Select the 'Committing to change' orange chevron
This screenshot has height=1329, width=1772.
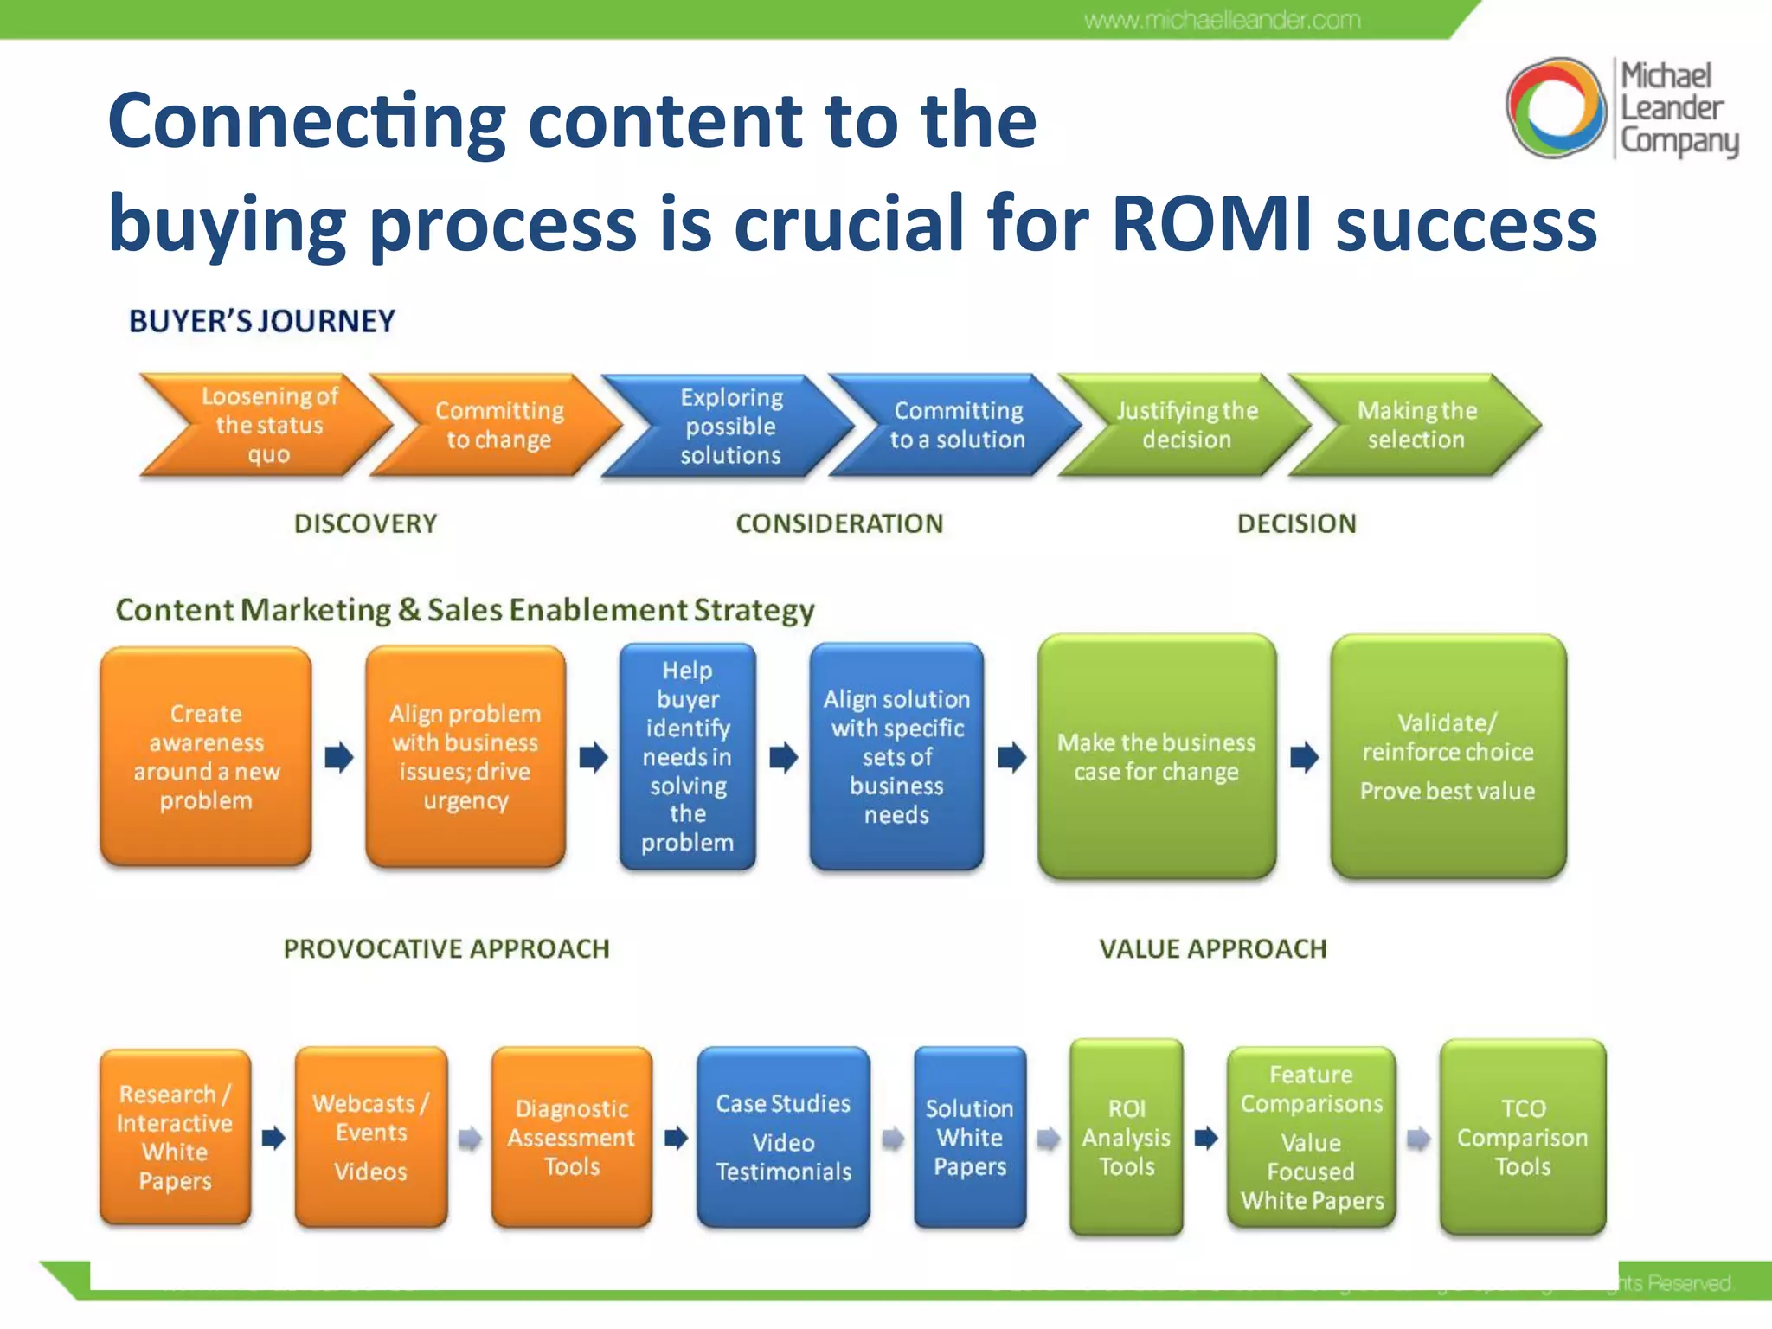[x=499, y=425]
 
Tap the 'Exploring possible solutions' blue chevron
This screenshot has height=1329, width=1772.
[x=731, y=426]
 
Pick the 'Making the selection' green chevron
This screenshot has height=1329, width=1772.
[x=1416, y=425]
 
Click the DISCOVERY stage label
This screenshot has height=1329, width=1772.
[x=365, y=523]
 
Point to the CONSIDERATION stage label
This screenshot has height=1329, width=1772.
[x=839, y=523]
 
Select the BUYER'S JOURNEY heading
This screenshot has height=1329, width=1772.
[x=262, y=322]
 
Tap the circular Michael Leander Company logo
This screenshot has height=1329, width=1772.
[x=1555, y=107]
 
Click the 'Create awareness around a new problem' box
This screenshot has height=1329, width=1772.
[x=206, y=756]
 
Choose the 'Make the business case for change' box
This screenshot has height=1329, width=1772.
[x=1156, y=756]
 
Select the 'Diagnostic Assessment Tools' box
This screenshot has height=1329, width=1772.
[x=571, y=1137]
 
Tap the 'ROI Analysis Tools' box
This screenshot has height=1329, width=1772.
[x=1126, y=1137]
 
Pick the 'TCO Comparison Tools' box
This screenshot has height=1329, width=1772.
[x=1522, y=1137]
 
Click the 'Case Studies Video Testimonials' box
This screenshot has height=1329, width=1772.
[x=783, y=1137]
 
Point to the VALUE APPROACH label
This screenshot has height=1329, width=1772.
[x=1212, y=949]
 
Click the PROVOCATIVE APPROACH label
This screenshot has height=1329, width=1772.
[x=446, y=949]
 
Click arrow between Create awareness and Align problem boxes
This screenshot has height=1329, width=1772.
[x=339, y=757]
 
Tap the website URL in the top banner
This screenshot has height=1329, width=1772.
[x=1222, y=20]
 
